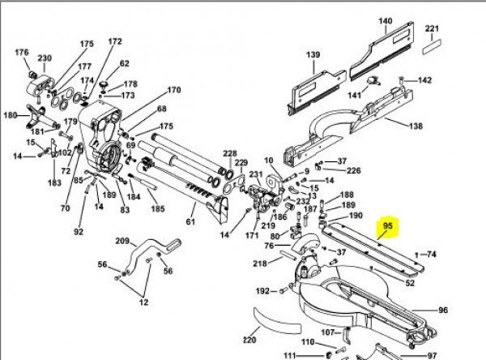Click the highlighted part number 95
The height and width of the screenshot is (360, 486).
[x=387, y=228]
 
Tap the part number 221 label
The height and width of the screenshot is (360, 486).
[x=433, y=30]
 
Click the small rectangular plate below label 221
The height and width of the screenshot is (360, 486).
[x=433, y=48]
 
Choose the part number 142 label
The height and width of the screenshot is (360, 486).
[x=424, y=80]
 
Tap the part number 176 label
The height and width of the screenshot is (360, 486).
[x=22, y=53]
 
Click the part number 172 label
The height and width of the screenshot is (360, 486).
[x=115, y=41]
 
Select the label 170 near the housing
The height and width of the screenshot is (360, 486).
[x=173, y=90]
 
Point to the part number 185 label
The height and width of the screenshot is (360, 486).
[x=157, y=209]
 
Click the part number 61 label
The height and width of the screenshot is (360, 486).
[x=191, y=221]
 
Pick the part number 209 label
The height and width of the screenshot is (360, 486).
[x=122, y=241]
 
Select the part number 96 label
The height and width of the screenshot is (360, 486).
[x=442, y=311]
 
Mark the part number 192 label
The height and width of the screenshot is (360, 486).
[x=263, y=291]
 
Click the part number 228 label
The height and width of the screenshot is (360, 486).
[x=230, y=153]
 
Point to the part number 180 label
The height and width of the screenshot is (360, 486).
[x=10, y=116]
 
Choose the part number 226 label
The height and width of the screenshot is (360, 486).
[x=353, y=171]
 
